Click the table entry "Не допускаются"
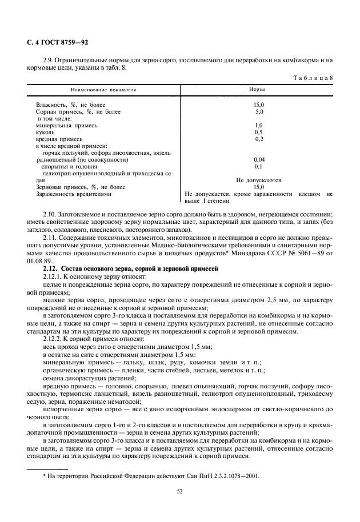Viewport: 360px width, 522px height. pos(258,180)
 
